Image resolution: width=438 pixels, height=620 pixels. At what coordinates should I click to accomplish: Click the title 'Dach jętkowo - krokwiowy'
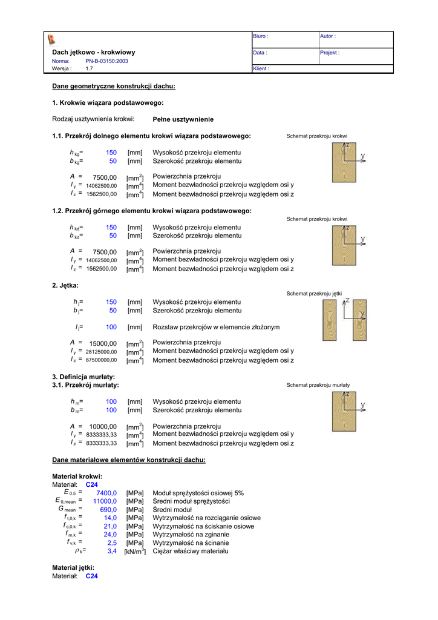(x=94, y=53)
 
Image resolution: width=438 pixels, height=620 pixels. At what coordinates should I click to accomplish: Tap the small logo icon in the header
(x=51, y=39)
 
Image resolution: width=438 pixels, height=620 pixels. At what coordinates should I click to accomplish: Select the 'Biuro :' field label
(x=261, y=36)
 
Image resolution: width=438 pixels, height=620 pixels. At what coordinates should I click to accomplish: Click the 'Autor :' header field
(x=328, y=36)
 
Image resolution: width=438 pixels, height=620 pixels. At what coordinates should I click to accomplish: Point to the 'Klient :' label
(x=261, y=69)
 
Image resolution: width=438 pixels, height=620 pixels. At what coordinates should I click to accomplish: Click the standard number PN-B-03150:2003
(x=106, y=61)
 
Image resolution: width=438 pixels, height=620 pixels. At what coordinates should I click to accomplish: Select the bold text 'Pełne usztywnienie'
(x=183, y=119)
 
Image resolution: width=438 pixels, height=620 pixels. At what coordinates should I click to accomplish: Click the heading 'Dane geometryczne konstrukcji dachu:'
(x=114, y=87)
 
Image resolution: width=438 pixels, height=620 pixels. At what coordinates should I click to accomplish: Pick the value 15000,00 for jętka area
(x=103, y=343)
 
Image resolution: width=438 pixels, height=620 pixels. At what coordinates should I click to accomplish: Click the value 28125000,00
(x=101, y=352)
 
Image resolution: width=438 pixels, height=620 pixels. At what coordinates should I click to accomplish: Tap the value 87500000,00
(x=101, y=360)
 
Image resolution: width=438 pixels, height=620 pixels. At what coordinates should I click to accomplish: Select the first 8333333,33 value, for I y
(x=102, y=435)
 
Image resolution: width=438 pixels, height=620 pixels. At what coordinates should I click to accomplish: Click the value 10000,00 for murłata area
(x=103, y=426)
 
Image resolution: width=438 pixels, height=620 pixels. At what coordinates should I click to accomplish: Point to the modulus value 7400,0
(x=106, y=493)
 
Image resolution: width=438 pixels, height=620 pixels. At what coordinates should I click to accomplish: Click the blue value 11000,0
(x=105, y=501)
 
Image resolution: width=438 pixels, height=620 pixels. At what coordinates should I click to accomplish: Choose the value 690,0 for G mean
(x=108, y=510)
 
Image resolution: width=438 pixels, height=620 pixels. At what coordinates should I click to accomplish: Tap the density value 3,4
(x=112, y=552)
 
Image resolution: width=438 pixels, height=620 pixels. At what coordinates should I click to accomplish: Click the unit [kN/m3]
(x=135, y=552)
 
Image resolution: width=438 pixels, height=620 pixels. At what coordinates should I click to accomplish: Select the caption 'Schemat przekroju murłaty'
(x=318, y=385)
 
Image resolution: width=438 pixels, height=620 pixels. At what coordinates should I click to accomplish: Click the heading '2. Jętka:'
(x=65, y=285)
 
